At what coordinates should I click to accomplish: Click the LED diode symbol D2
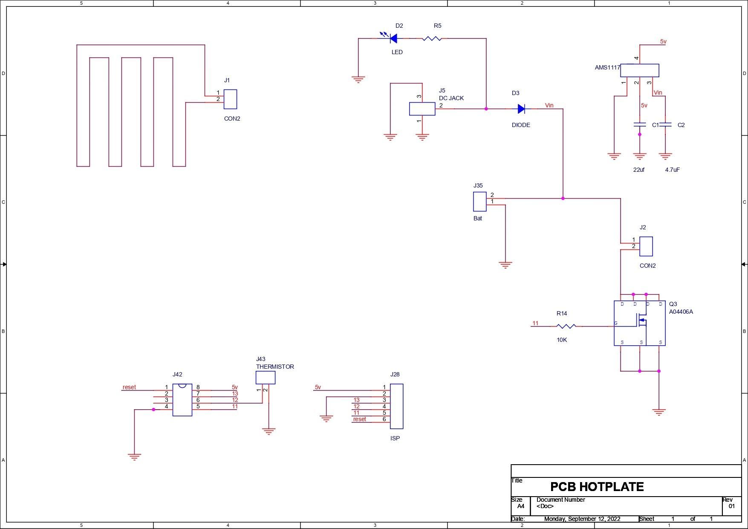[x=393, y=39]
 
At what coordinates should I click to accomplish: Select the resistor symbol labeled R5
[x=432, y=39]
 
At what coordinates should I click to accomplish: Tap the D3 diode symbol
[x=521, y=109]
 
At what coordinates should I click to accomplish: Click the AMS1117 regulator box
[x=639, y=70]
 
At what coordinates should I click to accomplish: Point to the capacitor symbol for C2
[x=665, y=124]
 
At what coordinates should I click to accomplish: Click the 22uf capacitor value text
[x=638, y=170]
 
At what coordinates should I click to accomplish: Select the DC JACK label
[x=451, y=98]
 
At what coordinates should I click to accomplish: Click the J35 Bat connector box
[x=479, y=202]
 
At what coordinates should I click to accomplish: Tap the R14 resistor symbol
[x=566, y=326]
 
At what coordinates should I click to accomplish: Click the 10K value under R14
[x=562, y=340]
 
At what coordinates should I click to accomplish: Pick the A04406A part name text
[x=681, y=312]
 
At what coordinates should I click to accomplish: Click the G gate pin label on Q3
[x=616, y=324]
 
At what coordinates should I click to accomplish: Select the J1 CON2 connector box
[x=230, y=99]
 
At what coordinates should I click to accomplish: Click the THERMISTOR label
[x=275, y=367]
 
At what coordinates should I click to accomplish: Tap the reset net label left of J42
[x=129, y=387]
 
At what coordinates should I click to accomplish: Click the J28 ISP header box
[x=396, y=406]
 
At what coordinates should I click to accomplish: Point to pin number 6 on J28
[x=384, y=419]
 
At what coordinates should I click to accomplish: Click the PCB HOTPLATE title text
[x=597, y=487]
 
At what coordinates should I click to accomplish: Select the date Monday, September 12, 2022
[x=582, y=519]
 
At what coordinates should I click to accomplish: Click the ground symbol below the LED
[x=358, y=79]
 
